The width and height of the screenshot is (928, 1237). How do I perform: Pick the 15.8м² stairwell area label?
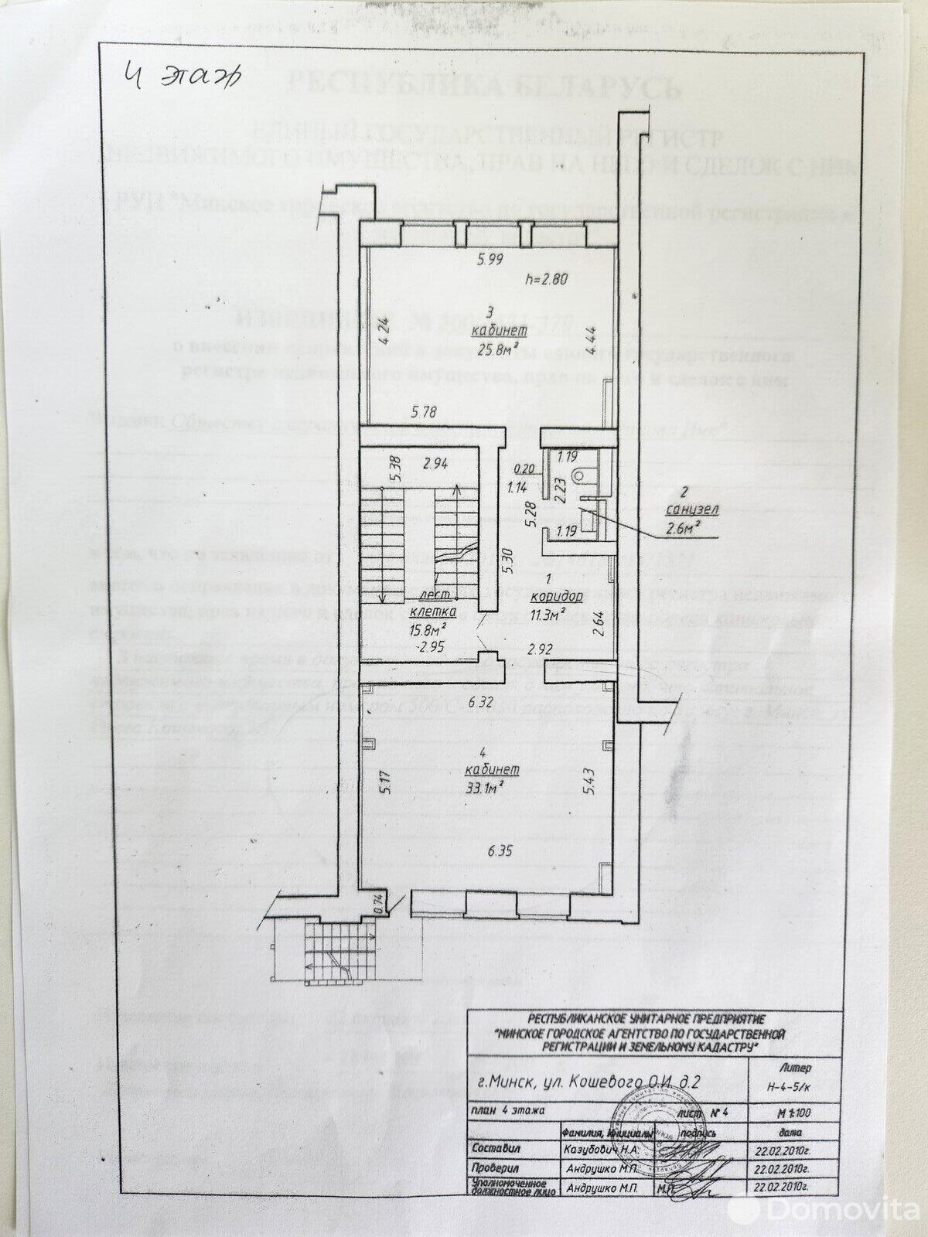[x=435, y=629]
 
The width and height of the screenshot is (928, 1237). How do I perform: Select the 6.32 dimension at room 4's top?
[x=481, y=703]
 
